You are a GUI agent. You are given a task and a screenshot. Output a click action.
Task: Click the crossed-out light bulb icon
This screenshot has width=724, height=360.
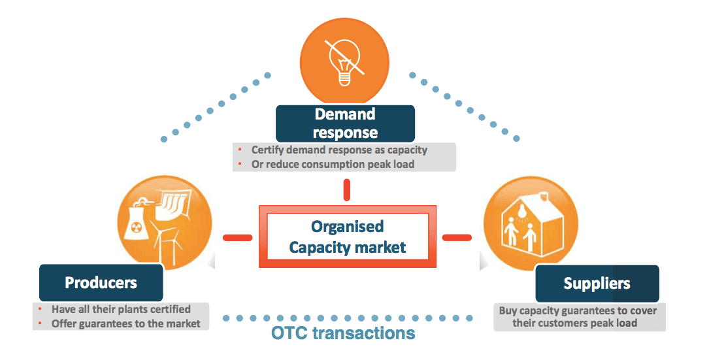(344, 59)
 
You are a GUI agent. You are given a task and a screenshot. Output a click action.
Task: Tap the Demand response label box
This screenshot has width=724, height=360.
(345, 123)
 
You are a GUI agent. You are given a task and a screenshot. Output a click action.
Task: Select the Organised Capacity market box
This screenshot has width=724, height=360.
(347, 237)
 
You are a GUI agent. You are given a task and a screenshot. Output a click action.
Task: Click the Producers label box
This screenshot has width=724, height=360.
(101, 282)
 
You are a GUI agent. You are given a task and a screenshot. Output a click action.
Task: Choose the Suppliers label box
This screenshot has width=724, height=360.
(597, 283)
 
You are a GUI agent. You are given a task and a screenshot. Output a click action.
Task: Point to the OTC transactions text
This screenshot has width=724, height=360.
(343, 333)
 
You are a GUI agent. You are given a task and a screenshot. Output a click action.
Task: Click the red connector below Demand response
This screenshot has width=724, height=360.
(347, 189)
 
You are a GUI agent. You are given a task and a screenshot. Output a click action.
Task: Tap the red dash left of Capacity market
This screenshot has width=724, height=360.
(237, 237)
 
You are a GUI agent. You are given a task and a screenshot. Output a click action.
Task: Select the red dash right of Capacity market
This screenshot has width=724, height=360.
(457, 237)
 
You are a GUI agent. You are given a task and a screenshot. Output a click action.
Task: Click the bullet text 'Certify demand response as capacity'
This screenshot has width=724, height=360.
(339, 150)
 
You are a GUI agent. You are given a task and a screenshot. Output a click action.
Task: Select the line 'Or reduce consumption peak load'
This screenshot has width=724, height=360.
(333, 164)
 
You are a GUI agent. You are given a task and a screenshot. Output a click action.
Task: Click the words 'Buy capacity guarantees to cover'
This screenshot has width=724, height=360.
(578, 310)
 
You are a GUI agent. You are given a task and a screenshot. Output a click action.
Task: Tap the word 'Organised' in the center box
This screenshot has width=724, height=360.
(347, 227)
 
